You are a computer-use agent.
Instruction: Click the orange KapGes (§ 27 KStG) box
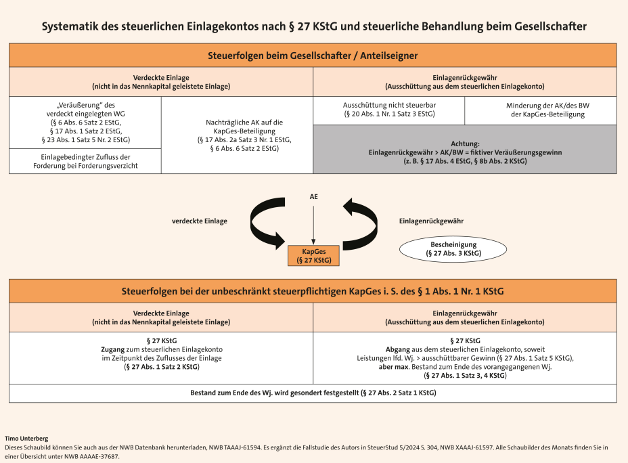[x=313, y=255]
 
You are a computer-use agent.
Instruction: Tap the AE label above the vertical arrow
[x=313, y=197]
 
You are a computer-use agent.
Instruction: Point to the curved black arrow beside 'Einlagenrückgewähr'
[x=359, y=221]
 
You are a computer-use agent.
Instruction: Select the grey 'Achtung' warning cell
[x=465, y=152]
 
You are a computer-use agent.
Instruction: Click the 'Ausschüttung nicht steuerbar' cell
[x=389, y=110]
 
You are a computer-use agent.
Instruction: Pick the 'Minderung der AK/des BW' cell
[x=541, y=110]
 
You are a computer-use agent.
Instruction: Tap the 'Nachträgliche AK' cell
[x=237, y=135]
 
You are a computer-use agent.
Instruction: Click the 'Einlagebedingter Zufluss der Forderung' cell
[x=85, y=161]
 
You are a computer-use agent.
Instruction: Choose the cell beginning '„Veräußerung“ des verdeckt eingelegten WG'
[x=85, y=123]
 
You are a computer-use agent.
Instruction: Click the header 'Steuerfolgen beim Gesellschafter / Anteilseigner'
[x=313, y=56]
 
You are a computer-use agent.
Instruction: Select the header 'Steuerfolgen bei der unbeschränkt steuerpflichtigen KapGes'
[x=313, y=291]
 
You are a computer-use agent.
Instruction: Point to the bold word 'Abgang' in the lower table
[x=397, y=349]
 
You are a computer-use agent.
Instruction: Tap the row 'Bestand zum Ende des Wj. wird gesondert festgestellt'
[x=313, y=393]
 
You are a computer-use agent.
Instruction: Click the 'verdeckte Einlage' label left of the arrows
[x=199, y=221]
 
